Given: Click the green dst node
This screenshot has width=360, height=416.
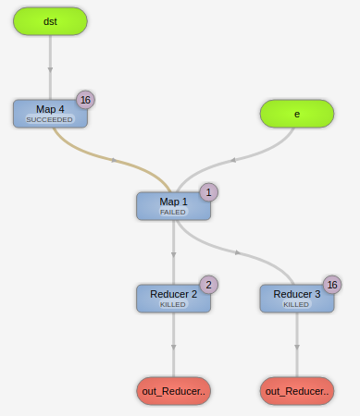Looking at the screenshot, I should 50,21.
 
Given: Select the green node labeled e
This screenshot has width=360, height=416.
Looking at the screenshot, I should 296,114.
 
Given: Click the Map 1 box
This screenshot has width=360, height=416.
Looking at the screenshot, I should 173,205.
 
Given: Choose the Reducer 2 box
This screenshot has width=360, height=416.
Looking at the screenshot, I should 173,298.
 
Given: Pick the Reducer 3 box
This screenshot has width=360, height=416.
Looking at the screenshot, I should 296,298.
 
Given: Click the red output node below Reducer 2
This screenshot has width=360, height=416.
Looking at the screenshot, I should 173,391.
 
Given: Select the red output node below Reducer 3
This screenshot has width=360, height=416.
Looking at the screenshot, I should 296,391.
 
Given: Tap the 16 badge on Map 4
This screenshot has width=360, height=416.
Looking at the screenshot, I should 85,100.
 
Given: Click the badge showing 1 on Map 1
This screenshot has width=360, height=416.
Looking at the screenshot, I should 209,192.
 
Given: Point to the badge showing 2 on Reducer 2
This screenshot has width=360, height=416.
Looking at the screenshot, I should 209,285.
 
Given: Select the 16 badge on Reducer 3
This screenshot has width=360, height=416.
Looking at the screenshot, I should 332,285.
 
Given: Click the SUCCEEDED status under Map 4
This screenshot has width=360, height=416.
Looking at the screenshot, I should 49,120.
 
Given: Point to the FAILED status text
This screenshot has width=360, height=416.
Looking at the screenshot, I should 173,213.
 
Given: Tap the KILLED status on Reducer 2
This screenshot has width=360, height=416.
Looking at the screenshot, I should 173,304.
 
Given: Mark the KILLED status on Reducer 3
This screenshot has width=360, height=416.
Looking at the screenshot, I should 296,304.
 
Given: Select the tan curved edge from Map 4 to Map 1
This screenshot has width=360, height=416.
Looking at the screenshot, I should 113,160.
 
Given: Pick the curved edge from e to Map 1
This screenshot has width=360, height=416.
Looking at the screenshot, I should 235,159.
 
